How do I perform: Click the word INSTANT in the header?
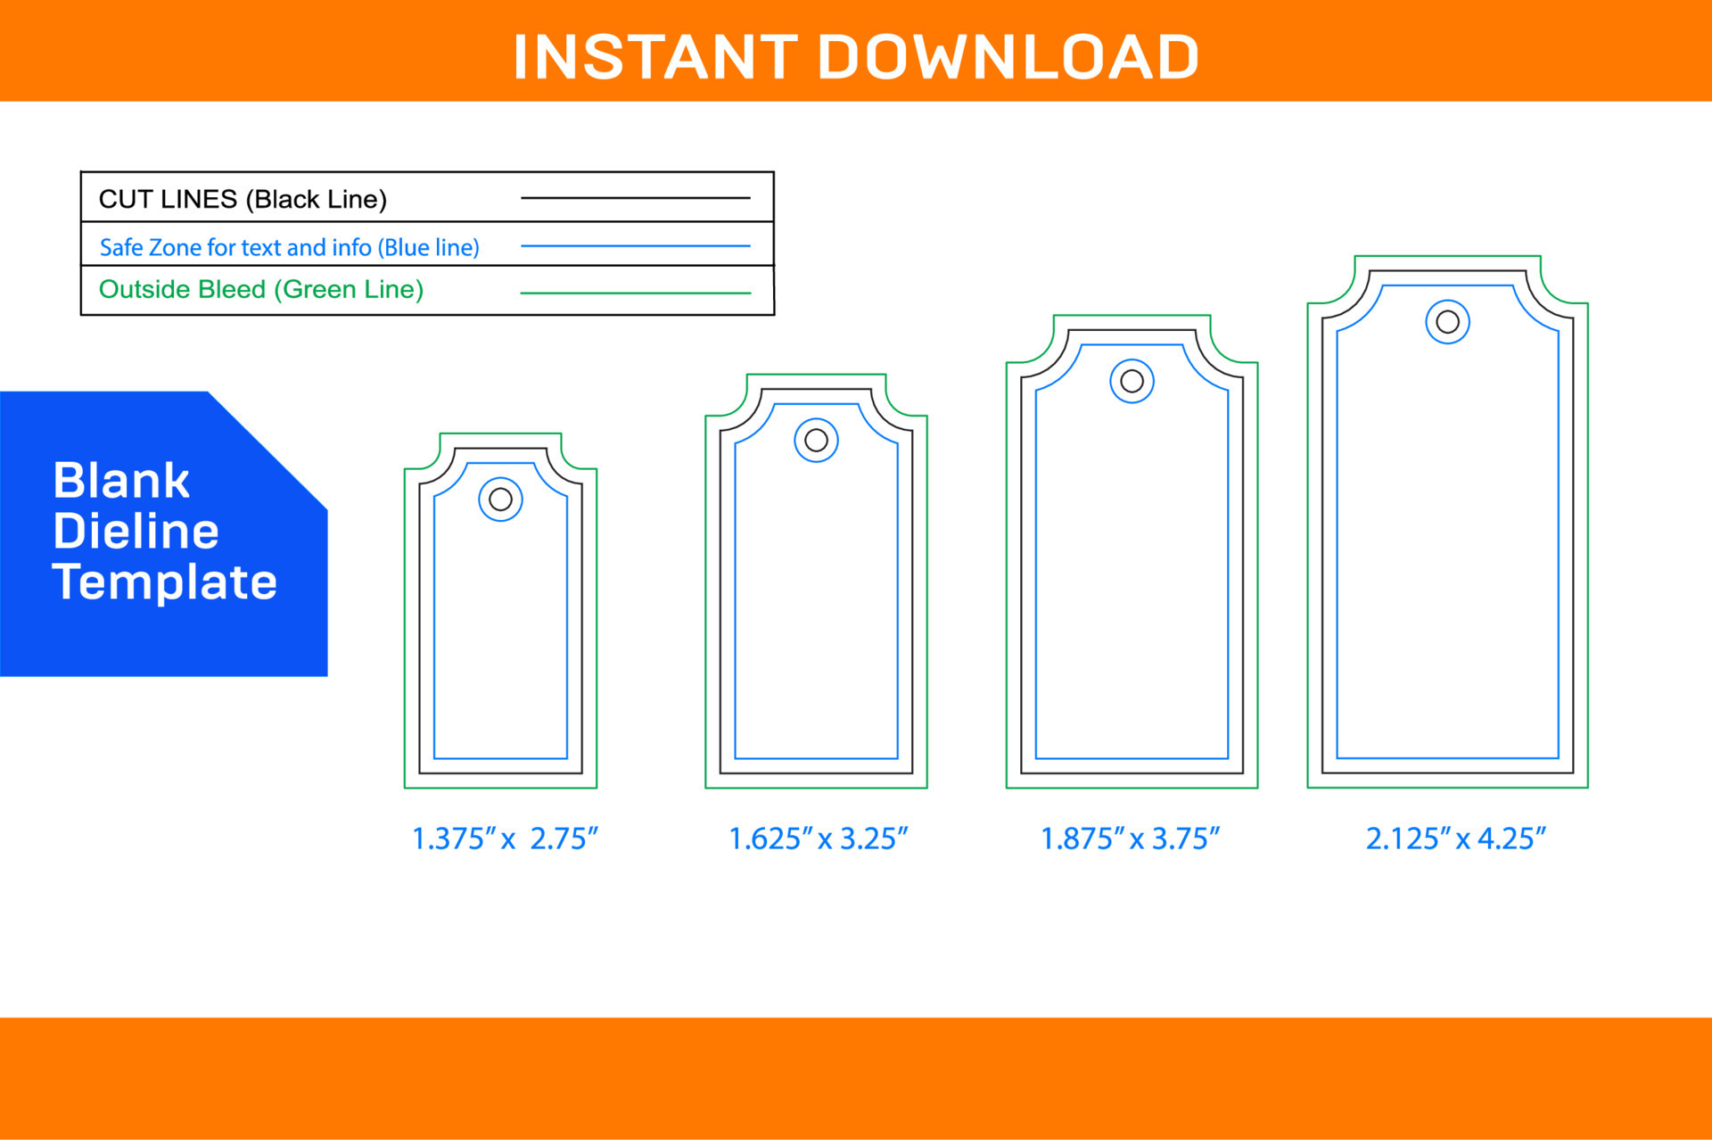pyautogui.click(x=654, y=57)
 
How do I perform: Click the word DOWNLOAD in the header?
pyautogui.click(x=1008, y=57)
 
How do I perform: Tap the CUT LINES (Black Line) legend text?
pyautogui.click(x=243, y=199)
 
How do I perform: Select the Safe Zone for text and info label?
pyautogui.click(x=289, y=247)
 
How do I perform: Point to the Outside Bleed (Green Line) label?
pyautogui.click(x=260, y=289)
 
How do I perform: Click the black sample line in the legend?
pyautogui.click(x=635, y=198)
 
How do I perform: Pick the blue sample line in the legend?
pyautogui.click(x=635, y=245)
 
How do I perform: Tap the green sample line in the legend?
pyautogui.click(x=635, y=293)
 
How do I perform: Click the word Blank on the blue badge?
pyautogui.click(x=121, y=481)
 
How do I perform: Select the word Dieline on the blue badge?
pyautogui.click(x=136, y=532)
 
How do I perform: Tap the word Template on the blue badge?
pyautogui.click(x=164, y=582)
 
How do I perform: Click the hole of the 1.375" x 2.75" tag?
pyautogui.click(x=500, y=500)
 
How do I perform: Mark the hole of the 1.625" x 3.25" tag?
pyautogui.click(x=816, y=440)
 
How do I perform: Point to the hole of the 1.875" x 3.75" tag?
pyautogui.click(x=1132, y=381)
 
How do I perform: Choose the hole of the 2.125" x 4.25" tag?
pyautogui.click(x=1447, y=322)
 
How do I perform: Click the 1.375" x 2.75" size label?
pyautogui.click(x=504, y=838)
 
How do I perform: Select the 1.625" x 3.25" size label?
pyautogui.click(x=818, y=838)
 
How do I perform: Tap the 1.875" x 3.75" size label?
pyautogui.click(x=1130, y=838)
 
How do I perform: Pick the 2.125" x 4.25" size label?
pyautogui.click(x=1455, y=838)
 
